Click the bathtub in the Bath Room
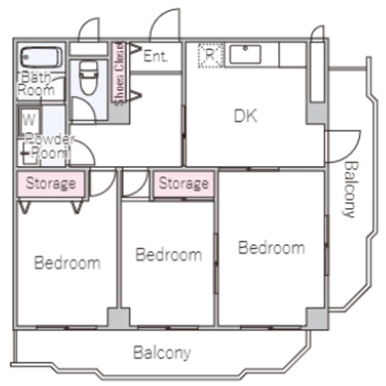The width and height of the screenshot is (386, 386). click(41, 57)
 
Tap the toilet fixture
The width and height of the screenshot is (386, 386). click(89, 78)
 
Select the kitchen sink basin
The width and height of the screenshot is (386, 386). click(245, 54)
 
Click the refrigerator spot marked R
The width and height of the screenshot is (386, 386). click(210, 55)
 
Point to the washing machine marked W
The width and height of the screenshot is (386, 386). click(30, 121)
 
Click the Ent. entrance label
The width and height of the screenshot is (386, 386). click(156, 56)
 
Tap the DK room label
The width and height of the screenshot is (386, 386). click(245, 116)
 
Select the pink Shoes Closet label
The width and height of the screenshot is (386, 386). click(119, 73)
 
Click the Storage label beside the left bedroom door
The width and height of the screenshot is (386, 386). click(51, 183)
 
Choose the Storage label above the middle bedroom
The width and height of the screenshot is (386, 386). click(183, 183)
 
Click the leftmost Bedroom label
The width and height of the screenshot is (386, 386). click(67, 263)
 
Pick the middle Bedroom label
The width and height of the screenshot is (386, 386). click(169, 255)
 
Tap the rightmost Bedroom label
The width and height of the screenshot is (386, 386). click(271, 247)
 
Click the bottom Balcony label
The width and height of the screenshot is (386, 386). click(162, 353)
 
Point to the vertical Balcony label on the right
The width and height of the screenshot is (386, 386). click(350, 189)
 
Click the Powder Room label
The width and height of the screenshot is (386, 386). click(49, 147)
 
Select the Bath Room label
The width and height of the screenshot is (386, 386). click(36, 84)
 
